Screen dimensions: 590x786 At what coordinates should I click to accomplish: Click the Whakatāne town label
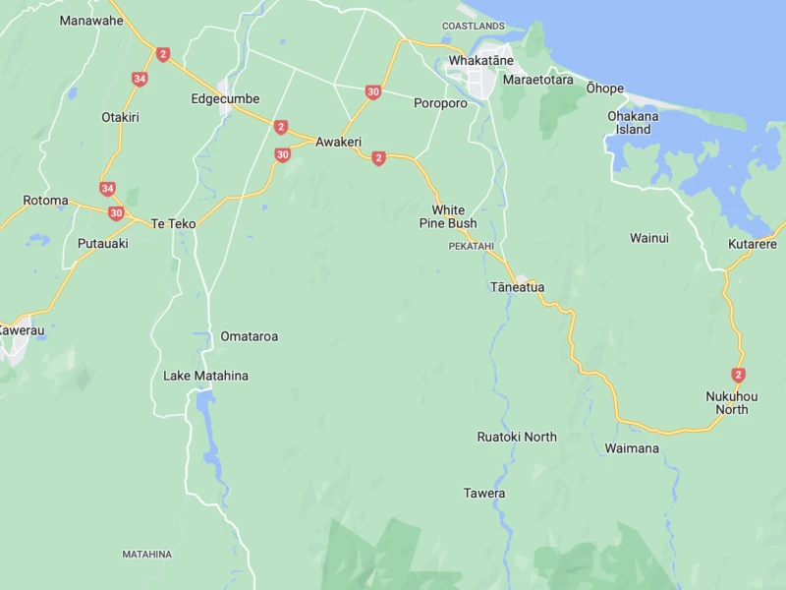480,61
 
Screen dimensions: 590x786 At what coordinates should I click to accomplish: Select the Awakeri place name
338,142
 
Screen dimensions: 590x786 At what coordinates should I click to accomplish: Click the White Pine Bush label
448,216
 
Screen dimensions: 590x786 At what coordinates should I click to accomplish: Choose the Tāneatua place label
517,287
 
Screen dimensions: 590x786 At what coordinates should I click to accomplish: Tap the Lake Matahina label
205,376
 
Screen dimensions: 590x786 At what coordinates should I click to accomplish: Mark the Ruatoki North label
517,437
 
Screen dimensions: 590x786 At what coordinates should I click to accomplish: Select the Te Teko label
173,224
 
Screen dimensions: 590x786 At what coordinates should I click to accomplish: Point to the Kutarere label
753,244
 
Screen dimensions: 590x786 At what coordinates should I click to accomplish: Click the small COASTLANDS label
473,26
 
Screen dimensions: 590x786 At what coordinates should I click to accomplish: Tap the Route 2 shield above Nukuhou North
738,375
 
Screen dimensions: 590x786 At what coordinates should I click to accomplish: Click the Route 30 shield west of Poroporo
372,91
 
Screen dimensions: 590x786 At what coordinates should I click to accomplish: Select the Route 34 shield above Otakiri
140,79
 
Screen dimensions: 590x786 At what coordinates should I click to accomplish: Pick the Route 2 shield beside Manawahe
163,55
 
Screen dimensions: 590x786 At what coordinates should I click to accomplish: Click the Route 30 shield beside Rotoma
116,213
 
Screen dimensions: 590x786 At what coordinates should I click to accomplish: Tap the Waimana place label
632,448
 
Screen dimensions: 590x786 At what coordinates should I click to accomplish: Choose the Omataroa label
249,336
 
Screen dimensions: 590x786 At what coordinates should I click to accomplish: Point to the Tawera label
484,493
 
